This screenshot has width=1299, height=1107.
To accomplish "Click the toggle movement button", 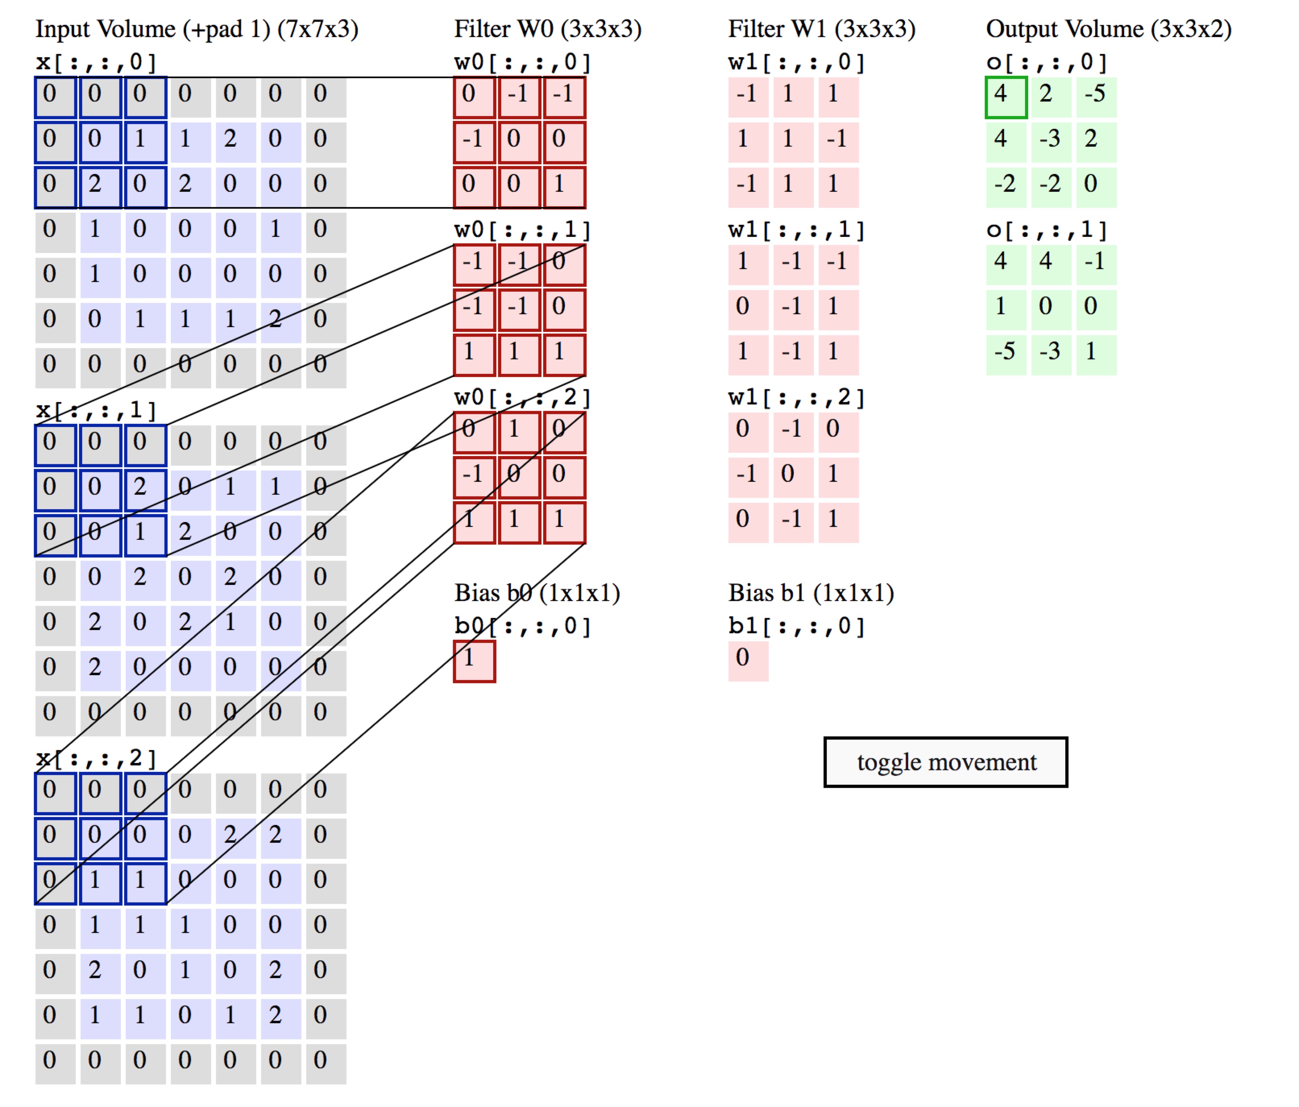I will click(945, 762).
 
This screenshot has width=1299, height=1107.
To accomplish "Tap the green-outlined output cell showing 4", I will click(1006, 97).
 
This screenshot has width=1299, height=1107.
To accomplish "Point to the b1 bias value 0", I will click(748, 661).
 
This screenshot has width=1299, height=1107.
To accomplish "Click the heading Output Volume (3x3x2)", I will click(1108, 29).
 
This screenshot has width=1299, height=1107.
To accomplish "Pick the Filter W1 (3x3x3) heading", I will click(821, 29).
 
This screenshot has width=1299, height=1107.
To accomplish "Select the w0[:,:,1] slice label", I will click(522, 230).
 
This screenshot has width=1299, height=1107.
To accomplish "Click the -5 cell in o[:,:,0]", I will click(1096, 97).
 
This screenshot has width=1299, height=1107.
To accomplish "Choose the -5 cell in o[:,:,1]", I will click(1006, 355).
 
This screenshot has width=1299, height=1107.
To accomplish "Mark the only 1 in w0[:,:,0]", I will click(564, 187).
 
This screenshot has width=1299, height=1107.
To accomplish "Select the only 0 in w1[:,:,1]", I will click(748, 310).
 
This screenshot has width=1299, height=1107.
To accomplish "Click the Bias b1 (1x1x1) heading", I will click(811, 593).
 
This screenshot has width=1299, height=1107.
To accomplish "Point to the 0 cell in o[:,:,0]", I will click(1096, 187).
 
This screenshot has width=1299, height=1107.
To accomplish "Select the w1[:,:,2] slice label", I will click(796, 398).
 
